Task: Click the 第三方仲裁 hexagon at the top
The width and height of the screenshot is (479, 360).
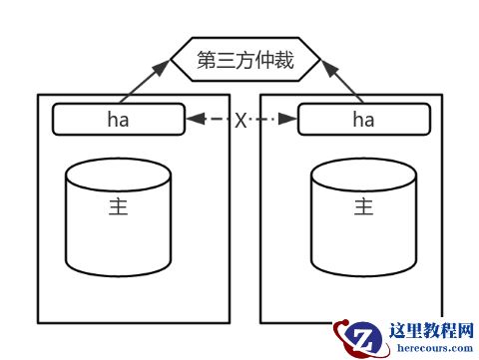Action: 246,60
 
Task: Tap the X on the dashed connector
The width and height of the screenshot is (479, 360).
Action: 241,120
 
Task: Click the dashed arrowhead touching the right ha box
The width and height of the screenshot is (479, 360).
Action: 291,120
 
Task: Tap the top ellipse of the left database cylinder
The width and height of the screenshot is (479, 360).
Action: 118,177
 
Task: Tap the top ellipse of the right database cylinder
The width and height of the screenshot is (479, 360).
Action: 363,177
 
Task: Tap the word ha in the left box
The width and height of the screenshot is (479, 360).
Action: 118,120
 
